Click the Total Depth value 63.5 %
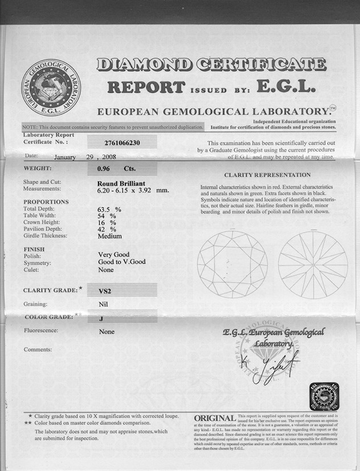[x=110, y=210]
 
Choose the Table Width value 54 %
[x=107, y=216]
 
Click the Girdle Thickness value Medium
[x=110, y=236]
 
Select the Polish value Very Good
[x=114, y=255]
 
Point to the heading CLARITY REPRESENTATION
[x=267, y=175]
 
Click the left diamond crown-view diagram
[x=232, y=264]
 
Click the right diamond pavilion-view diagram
[x=313, y=265]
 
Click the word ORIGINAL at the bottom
[x=215, y=419]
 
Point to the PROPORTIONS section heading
[x=46, y=202]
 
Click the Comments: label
[x=38, y=349]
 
